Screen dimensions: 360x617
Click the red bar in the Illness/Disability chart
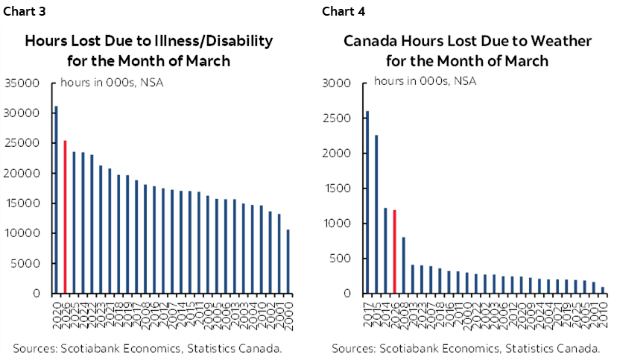point(65,217)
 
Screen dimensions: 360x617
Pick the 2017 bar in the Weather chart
point(367,202)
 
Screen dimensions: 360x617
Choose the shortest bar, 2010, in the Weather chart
point(602,290)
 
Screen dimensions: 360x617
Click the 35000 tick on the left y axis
point(22,83)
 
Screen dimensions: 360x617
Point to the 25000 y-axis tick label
point(22,143)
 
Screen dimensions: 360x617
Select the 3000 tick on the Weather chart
point(335,83)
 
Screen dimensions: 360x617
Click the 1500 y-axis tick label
point(335,189)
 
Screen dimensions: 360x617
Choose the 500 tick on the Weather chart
point(338,259)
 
